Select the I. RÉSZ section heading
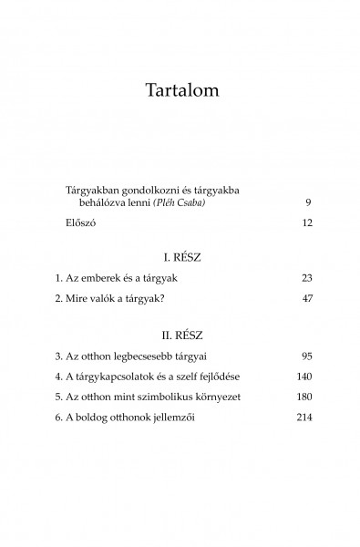[180, 259]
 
